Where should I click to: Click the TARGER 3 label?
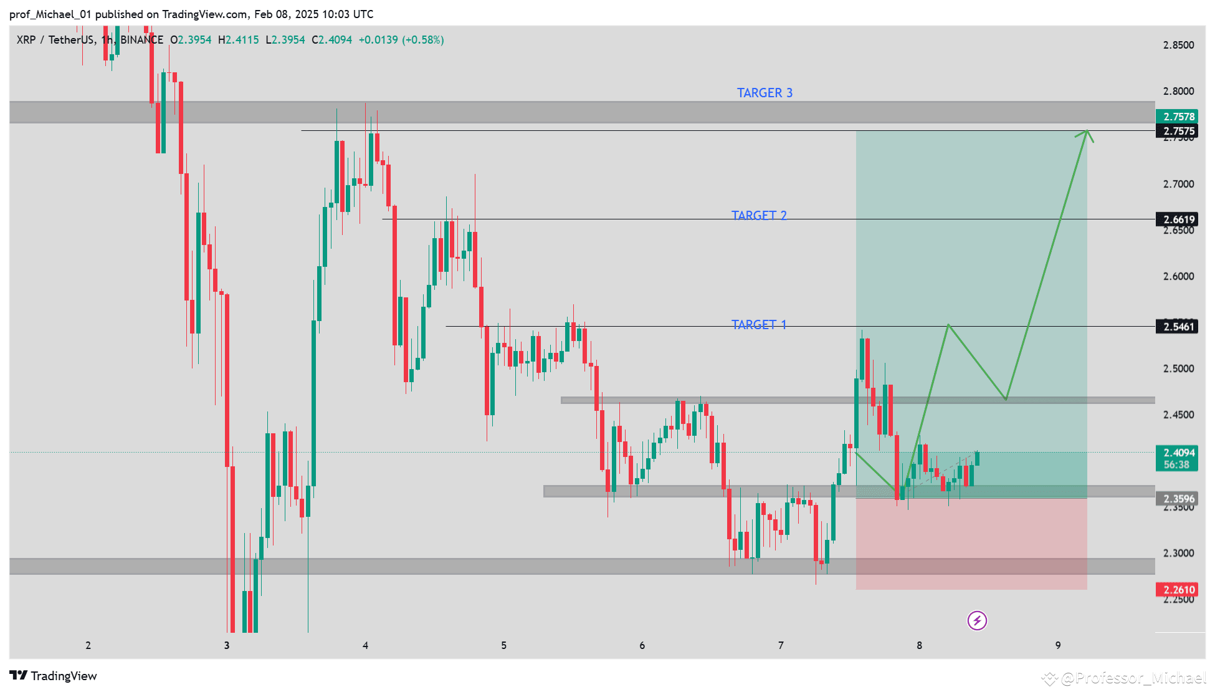[765, 93]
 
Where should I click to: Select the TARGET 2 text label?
[758, 215]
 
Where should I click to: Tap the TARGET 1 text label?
[758, 325]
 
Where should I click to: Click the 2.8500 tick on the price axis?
[1178, 45]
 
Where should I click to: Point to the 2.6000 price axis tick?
[1178, 276]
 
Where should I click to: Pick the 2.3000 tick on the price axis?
[1178, 553]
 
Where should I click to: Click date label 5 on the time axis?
[503, 645]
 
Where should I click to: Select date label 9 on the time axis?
[1057, 645]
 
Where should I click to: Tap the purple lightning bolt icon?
[976, 620]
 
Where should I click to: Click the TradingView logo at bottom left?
[53, 676]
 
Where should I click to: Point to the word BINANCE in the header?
[141, 40]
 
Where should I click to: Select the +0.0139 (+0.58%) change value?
[401, 40]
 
